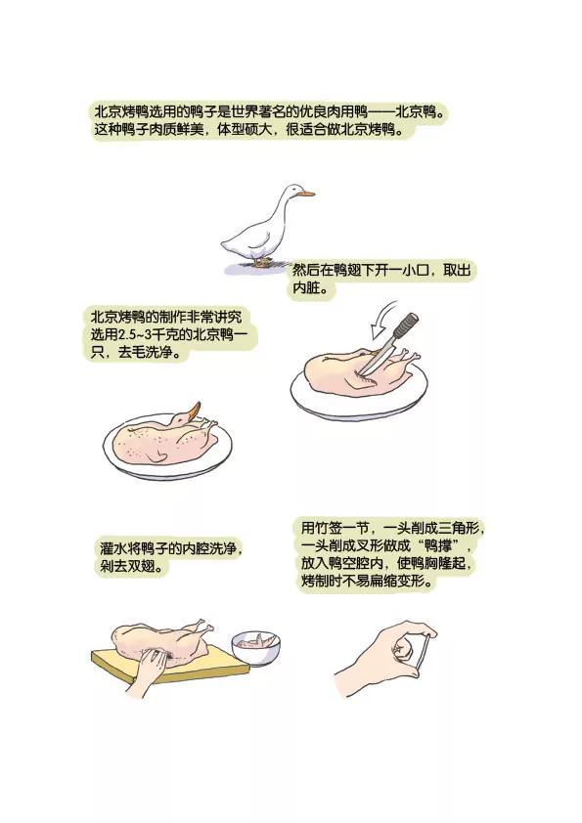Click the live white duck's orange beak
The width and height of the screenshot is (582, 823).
306,194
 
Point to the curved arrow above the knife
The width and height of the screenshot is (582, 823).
382,318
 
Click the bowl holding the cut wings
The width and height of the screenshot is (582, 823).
256,648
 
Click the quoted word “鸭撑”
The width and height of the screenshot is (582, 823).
437,544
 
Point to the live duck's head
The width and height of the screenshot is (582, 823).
292,193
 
